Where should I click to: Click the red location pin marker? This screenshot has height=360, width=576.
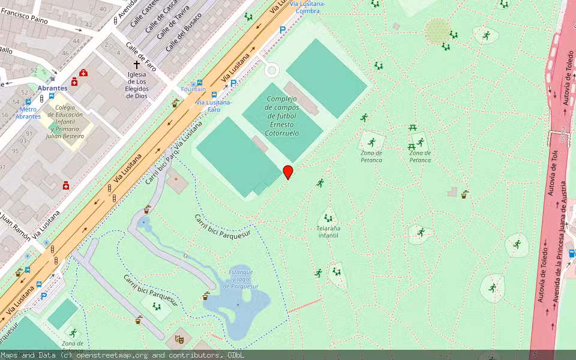(x=288, y=172)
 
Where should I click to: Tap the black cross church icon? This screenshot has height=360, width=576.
(x=137, y=64)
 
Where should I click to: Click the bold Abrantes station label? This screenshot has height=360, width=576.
(x=52, y=88)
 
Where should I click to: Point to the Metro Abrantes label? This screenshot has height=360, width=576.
(x=28, y=113)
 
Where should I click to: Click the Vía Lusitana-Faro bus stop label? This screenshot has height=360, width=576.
(x=213, y=106)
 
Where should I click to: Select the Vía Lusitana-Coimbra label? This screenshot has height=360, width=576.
(x=307, y=7)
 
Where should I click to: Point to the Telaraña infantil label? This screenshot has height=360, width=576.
(x=328, y=232)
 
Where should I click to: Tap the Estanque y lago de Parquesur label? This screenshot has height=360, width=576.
(x=241, y=279)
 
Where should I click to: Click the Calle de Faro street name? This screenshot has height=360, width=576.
(x=141, y=56)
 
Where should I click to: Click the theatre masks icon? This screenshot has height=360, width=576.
(x=179, y=339)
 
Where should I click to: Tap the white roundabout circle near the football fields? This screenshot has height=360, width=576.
(x=272, y=70)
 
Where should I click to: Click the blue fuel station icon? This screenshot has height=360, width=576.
(x=572, y=253)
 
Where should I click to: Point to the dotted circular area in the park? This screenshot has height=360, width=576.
(x=437, y=31)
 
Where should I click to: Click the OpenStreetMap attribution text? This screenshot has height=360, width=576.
(x=123, y=355)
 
